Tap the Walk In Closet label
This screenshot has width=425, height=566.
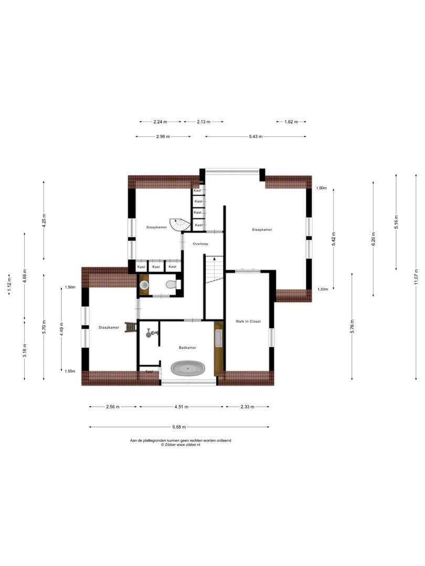pos(248,321)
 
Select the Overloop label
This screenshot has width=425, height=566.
pos(200,244)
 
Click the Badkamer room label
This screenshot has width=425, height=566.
pos(187,347)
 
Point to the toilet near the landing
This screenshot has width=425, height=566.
pos(171,285)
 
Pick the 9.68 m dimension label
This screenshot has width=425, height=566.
pos(180,427)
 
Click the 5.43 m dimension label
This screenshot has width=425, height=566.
pos(256,136)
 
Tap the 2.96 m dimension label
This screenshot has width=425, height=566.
pos(163,136)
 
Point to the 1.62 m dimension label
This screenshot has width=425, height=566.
pos(291,122)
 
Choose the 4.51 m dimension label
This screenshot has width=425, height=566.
pos(181,406)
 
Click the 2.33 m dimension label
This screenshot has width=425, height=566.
pos(247,406)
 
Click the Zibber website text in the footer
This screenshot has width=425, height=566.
pos(180,444)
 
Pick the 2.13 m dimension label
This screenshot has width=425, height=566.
pos(204,122)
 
